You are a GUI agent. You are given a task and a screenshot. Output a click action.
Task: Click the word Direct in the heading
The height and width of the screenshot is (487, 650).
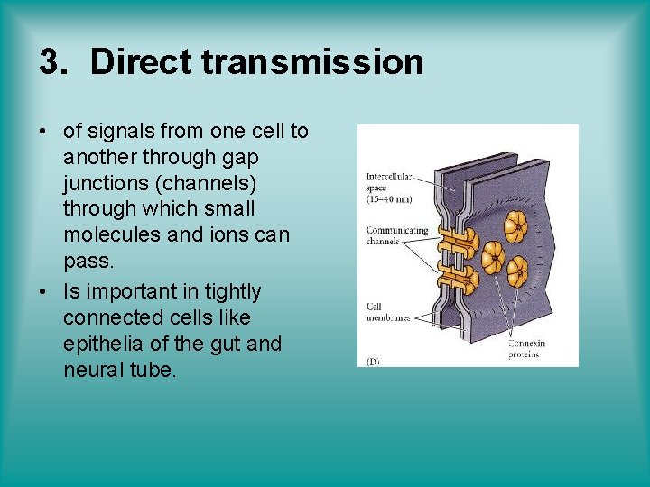pyautogui.click(x=140, y=62)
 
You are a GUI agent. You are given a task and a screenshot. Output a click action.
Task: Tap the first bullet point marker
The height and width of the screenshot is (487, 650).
pyautogui.click(x=43, y=132)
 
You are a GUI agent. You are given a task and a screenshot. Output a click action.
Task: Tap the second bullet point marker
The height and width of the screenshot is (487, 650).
pyautogui.click(x=43, y=292)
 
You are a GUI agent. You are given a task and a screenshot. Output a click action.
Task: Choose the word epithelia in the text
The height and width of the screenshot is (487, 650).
pyautogui.click(x=101, y=345)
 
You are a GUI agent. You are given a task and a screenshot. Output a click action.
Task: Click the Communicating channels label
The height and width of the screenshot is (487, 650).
pyautogui.click(x=395, y=235)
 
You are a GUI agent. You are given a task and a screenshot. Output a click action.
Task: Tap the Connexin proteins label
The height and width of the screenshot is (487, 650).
pyautogui.click(x=528, y=349)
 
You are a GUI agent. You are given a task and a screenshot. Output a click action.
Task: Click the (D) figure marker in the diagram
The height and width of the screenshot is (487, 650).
pyautogui.click(x=373, y=360)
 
